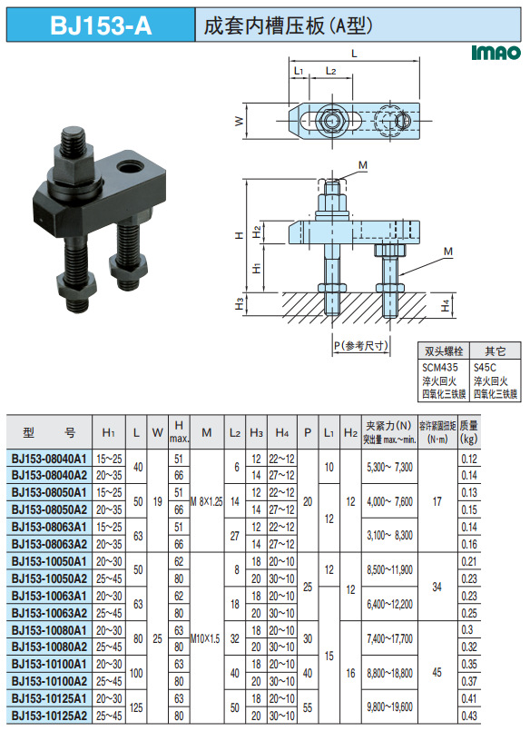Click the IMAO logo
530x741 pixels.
pyautogui.click(x=495, y=54)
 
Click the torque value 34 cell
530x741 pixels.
pyautogui.click(x=437, y=587)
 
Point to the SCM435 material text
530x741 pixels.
pyautogui.click(x=436, y=367)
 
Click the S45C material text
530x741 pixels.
pyautogui.click(x=485, y=367)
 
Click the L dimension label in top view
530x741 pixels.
pyautogui.click(x=354, y=54)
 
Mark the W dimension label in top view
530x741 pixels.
pyautogui.click(x=239, y=121)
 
